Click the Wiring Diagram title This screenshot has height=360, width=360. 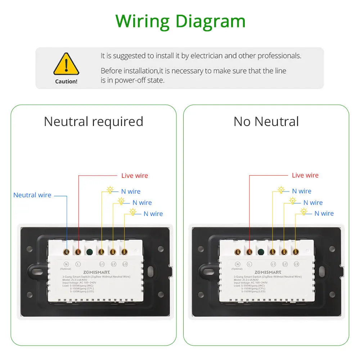[180, 21]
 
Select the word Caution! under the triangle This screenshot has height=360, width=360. [66, 81]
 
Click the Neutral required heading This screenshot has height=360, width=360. [94, 121]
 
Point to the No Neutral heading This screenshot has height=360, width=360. [266, 121]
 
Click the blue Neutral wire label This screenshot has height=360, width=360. [32, 195]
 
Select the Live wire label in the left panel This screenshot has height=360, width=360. [135, 176]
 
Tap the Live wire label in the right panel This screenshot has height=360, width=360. [305, 175]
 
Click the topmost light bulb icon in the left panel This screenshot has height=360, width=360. [110, 190]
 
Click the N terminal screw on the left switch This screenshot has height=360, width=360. [67, 251]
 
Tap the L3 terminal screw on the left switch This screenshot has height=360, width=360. [125, 251]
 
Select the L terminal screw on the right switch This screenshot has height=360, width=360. [249, 251]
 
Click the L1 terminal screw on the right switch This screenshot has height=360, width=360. [273, 251]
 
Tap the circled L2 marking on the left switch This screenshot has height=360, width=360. [113, 264]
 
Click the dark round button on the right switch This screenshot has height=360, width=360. [261, 251]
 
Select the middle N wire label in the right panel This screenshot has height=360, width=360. [313, 203]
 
